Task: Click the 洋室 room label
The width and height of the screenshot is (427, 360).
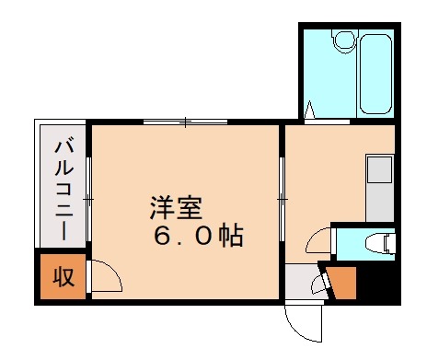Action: (x=175, y=209)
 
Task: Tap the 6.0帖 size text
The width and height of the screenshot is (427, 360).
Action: (x=198, y=237)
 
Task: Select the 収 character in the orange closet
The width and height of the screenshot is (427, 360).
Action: (x=63, y=276)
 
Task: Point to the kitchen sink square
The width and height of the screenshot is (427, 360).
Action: (x=379, y=169)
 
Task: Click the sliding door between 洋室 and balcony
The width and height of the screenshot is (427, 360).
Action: (x=89, y=198)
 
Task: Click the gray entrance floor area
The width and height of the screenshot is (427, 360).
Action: (x=299, y=281)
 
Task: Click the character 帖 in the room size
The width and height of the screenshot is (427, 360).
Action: (x=231, y=237)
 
